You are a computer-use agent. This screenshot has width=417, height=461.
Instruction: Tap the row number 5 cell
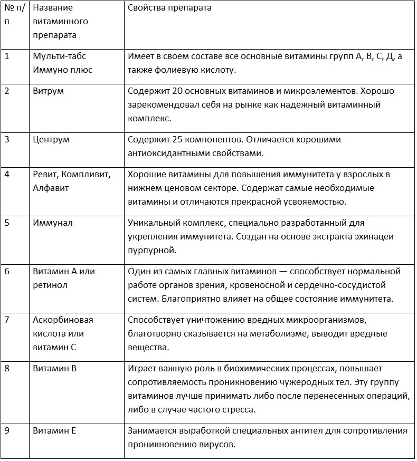point(7,223)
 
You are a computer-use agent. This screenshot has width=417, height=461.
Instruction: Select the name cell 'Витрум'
point(48,91)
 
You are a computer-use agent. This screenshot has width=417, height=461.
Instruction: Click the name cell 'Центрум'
point(51,140)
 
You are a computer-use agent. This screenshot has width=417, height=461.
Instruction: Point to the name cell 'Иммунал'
point(52,223)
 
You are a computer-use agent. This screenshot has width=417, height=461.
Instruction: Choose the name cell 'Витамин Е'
point(54,431)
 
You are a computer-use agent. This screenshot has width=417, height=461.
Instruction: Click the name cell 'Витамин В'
point(54,368)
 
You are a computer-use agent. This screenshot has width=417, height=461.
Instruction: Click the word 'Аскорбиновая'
point(63,320)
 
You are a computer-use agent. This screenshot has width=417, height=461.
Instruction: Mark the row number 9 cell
point(7,431)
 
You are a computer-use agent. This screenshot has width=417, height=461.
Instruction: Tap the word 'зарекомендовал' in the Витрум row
point(160,105)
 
